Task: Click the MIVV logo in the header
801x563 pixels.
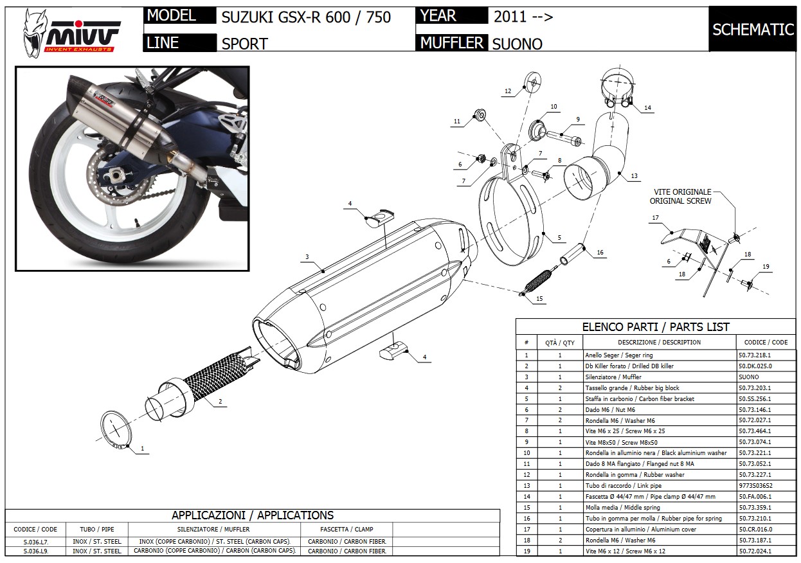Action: (71, 31)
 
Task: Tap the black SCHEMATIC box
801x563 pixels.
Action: (753, 30)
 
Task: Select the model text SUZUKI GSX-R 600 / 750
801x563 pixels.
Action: (306, 17)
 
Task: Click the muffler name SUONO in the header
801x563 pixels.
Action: (517, 44)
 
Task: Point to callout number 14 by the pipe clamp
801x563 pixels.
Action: (647, 108)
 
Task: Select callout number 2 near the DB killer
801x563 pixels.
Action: (220, 402)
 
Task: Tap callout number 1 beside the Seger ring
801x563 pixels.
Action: (142, 448)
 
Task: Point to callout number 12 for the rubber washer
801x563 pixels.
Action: (507, 91)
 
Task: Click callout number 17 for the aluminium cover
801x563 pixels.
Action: (656, 218)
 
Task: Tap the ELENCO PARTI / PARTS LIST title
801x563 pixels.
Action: (655, 326)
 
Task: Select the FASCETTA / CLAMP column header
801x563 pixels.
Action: (345, 530)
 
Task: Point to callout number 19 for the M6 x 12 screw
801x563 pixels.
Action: (766, 267)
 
